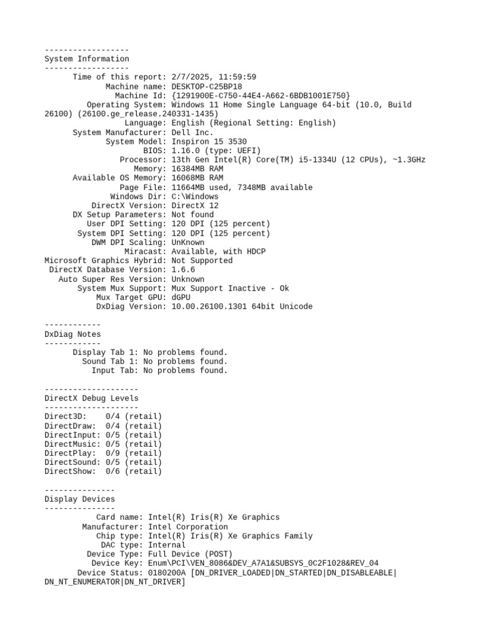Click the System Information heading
click(87, 59)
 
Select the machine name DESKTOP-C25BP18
click(207, 86)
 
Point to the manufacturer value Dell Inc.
click(192, 132)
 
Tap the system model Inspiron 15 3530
click(209, 142)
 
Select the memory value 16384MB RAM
click(197, 169)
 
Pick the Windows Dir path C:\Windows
click(195, 196)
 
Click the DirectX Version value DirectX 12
click(195, 206)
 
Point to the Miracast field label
click(146, 251)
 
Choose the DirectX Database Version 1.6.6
click(183, 270)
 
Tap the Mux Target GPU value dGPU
click(181, 297)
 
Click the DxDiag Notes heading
click(72, 334)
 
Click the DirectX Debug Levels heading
click(91, 398)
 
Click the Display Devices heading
click(80, 499)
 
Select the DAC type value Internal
click(167, 545)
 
